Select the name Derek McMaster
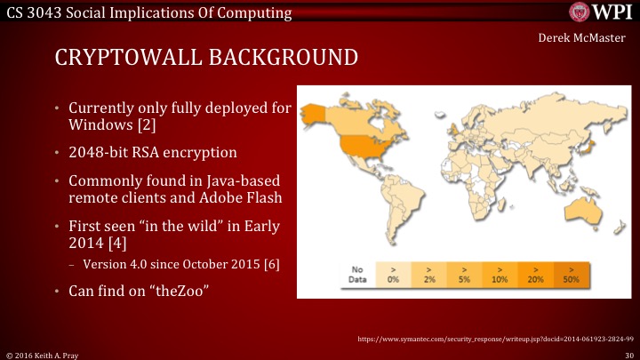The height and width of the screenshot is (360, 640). pos(584,38)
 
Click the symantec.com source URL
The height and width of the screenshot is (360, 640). pos(493,339)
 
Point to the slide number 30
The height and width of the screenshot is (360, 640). pos(628,353)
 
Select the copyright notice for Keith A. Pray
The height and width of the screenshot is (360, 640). pos(45,353)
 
